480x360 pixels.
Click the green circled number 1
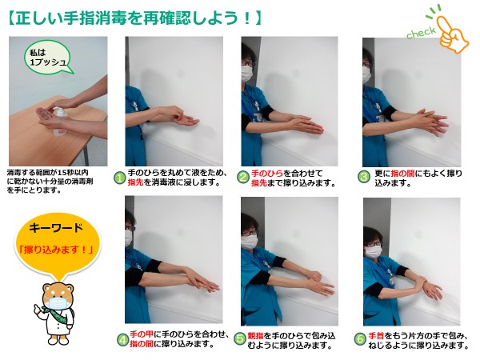pos(120,178)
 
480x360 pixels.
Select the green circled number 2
pos(243,178)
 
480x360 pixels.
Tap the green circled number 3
pos(364,177)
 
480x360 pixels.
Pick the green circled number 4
pos(123,339)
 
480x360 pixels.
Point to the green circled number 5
pos(240,338)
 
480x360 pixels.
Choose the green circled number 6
pos(360,339)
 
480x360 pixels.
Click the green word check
pos(421,33)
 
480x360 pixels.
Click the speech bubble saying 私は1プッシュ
pos(48,58)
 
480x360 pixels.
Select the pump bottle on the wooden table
pos(60,122)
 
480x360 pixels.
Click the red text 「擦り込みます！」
pos(56,250)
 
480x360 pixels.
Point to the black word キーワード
pos(56,228)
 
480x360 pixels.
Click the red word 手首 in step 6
pos(377,336)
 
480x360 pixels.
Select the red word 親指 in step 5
pos(255,335)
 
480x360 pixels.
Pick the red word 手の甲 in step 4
pos(141,334)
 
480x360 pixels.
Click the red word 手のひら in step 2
pos(267,174)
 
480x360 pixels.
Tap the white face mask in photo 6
pos(374,252)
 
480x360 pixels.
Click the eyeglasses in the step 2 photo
pos(247,63)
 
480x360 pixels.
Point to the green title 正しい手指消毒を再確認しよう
pos(134,18)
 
